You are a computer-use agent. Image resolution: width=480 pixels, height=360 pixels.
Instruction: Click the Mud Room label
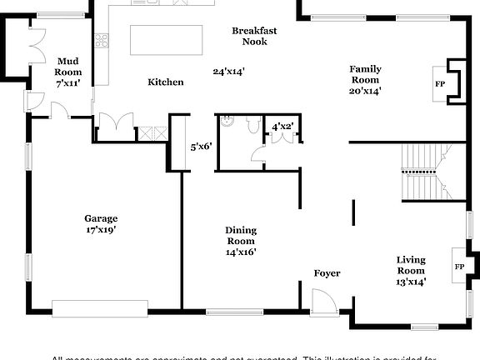pos(68,67)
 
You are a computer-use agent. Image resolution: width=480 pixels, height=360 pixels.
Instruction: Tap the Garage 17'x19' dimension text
pos(100,229)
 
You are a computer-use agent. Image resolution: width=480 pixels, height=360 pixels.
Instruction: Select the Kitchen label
pos(165,82)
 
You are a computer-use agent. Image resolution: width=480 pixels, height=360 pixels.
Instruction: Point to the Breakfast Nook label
pos(254,36)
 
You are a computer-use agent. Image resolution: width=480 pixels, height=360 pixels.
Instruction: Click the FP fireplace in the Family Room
pos(440,83)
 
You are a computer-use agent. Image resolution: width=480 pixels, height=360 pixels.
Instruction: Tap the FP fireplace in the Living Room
pos(458,267)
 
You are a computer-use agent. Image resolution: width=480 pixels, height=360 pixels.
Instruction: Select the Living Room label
pos(410,271)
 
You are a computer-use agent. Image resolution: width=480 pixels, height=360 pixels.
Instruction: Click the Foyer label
pos(327,273)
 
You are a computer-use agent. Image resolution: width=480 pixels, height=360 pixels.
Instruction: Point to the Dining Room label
pos(241,241)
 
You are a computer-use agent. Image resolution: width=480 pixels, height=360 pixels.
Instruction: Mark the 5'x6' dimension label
pos(202,147)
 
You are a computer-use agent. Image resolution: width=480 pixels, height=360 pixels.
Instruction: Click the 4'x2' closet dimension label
pos(282,127)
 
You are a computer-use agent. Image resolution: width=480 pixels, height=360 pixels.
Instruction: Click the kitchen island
pos(167,39)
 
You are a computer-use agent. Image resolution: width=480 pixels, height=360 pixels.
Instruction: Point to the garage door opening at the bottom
pos(100,304)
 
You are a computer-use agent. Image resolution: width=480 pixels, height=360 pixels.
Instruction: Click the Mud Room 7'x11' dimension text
pos(68,84)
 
